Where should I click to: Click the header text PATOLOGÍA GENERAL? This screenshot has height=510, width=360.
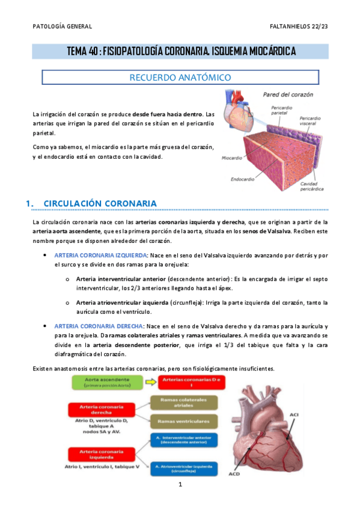pos(62,26)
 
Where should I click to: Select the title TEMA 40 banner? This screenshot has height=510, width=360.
pos(180,52)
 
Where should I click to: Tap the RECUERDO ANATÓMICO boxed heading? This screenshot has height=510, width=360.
pos(180,78)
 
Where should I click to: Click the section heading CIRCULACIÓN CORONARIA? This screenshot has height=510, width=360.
pos(100,203)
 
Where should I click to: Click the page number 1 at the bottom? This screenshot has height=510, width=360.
pos(180,484)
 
